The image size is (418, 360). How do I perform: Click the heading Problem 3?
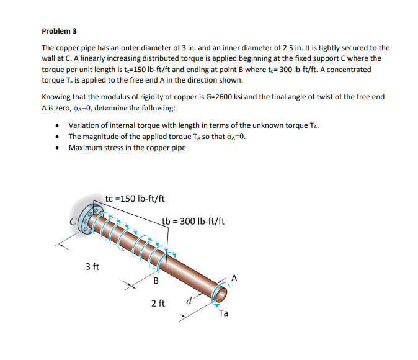[x=59, y=30]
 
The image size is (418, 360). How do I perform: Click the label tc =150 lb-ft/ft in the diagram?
[x=135, y=199]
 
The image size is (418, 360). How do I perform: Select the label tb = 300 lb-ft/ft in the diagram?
[x=193, y=221]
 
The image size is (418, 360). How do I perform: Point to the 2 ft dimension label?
[x=158, y=304]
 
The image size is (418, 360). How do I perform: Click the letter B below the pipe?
[x=156, y=281]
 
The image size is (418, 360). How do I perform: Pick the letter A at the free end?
[x=234, y=277]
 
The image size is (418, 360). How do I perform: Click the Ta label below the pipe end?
[x=223, y=313]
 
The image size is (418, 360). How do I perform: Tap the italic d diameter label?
[x=188, y=303]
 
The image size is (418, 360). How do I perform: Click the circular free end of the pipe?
[x=220, y=292]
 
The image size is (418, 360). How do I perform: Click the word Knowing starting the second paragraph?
[x=56, y=97]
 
